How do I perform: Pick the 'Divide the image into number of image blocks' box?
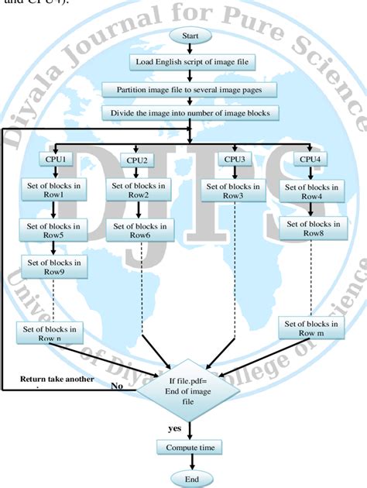(x=190, y=113)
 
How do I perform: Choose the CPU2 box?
(x=137, y=160)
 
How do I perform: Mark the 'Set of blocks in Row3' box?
(x=234, y=190)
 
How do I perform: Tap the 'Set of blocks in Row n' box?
(x=49, y=334)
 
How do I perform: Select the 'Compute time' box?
(x=190, y=448)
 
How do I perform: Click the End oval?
(x=190, y=479)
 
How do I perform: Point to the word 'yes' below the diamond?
(x=176, y=427)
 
